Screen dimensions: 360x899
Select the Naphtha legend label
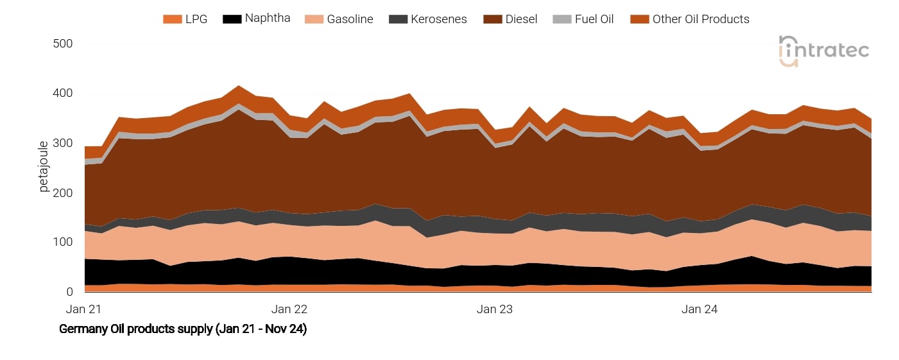click(268, 18)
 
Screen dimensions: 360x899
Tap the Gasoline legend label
click(350, 19)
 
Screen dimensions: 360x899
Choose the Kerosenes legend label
click(438, 19)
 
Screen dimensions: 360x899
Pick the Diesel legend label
click(522, 19)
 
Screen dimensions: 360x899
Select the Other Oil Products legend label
click(701, 19)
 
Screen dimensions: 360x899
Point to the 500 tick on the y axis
click(62, 44)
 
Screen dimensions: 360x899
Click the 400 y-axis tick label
click(62, 94)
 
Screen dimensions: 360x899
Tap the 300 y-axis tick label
click(62, 143)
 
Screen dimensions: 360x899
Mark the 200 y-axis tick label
click(62, 193)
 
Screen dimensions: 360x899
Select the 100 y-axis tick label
click(62, 242)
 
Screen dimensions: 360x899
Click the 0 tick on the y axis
click(69, 292)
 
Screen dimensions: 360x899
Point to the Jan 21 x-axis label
click(84, 309)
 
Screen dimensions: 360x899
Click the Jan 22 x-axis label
click(289, 309)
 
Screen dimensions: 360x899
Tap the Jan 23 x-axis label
click(495, 309)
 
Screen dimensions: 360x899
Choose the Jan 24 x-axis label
click(700, 309)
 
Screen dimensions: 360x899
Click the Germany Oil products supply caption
click(183, 329)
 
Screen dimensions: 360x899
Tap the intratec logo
click(824, 51)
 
